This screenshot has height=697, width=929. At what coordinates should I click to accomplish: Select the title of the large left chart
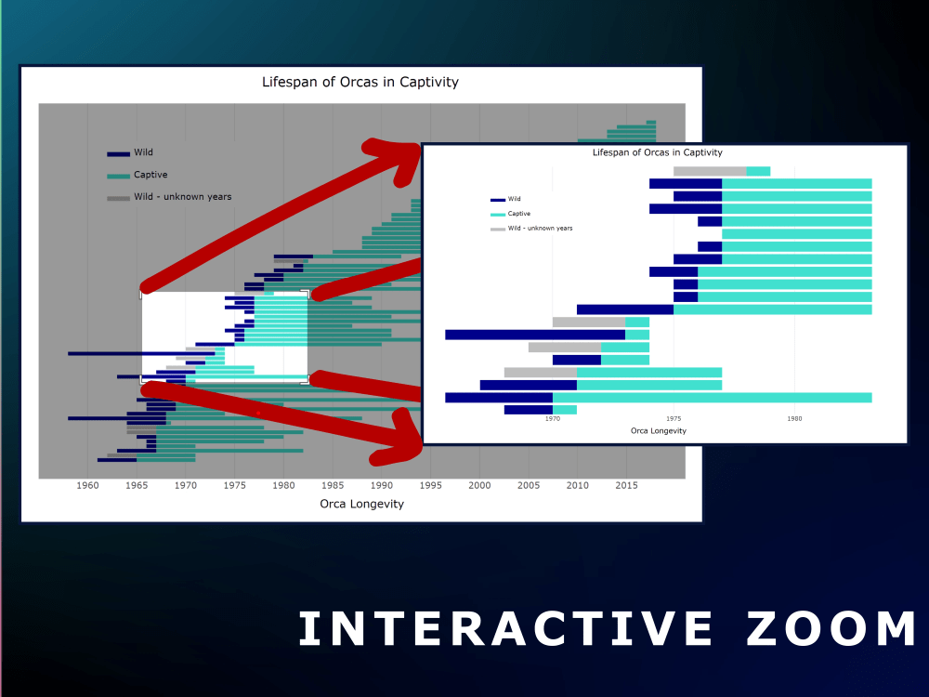[x=360, y=82]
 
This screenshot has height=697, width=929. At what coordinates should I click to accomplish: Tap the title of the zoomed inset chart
[x=657, y=152]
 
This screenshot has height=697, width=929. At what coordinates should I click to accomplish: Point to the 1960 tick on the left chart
[x=87, y=485]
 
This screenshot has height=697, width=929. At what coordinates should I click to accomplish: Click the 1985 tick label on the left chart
[x=333, y=485]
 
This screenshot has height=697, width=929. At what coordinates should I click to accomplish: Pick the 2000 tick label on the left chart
[x=479, y=485]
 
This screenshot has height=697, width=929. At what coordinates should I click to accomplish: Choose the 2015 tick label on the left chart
[x=626, y=485]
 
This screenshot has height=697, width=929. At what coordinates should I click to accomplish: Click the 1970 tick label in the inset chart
[x=553, y=419]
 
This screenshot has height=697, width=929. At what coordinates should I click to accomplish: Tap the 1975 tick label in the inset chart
[x=674, y=419]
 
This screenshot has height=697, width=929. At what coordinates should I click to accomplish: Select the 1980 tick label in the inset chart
[x=794, y=419]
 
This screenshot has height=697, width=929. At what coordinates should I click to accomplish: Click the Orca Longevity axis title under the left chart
[x=361, y=505]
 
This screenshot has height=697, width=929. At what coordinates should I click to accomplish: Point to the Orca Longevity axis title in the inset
[x=658, y=431]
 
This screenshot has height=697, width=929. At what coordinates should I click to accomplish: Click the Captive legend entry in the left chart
[x=150, y=175]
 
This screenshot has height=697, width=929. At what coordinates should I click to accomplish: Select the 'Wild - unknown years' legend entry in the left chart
[x=182, y=197]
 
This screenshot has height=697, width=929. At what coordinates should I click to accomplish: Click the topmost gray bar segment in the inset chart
[x=710, y=171]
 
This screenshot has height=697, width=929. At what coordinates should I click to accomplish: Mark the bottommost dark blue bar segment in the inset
[x=529, y=410]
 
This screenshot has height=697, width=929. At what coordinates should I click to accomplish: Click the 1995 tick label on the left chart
[x=430, y=485]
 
